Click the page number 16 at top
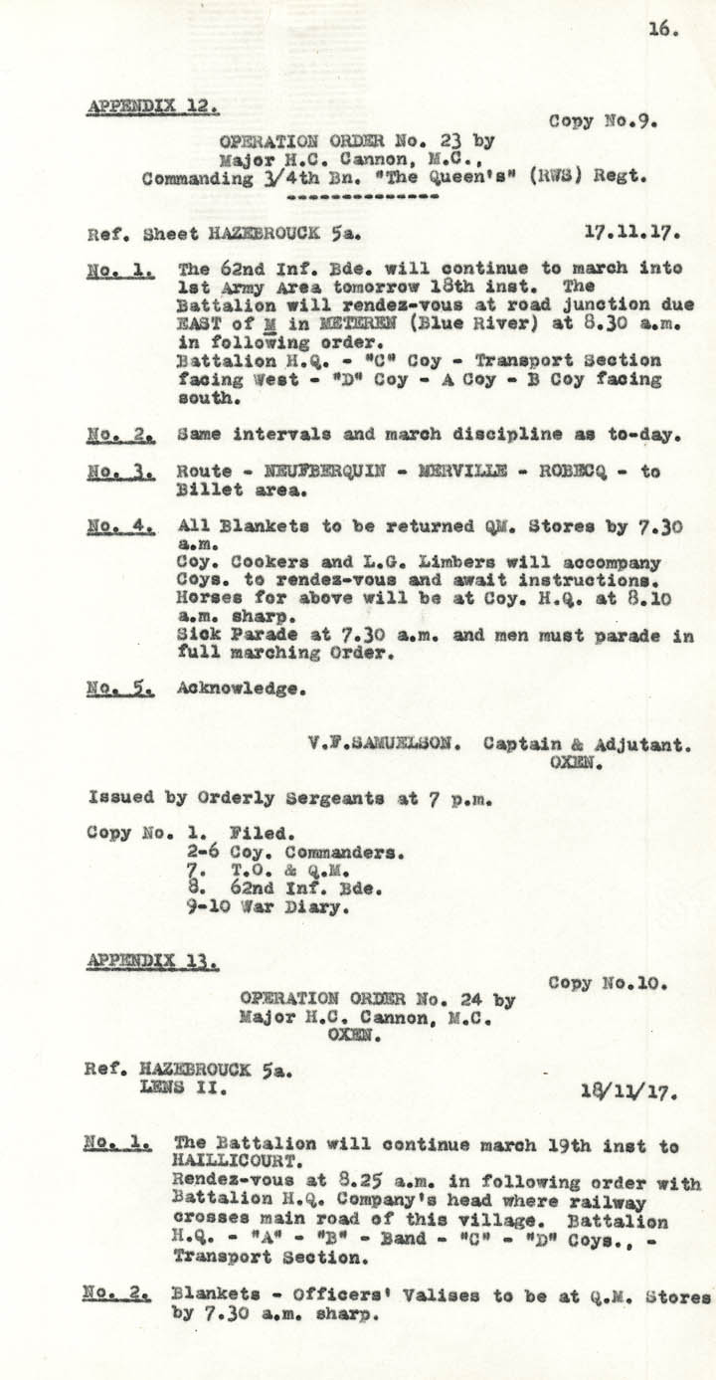pos(663,29)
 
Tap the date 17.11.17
pos(631,235)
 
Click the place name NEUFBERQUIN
pos(313,472)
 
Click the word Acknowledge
pos(241,687)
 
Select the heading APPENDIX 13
pos(153,961)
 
